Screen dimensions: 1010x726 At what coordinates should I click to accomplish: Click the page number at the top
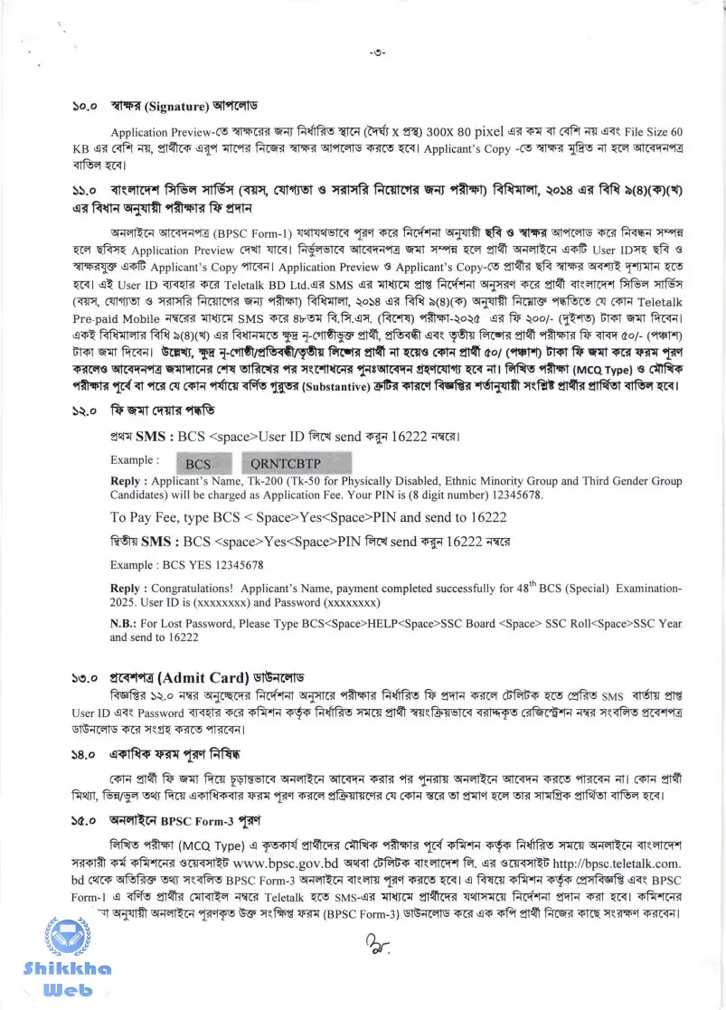[x=378, y=52]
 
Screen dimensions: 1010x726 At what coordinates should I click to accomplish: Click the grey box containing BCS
[x=198, y=464]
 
